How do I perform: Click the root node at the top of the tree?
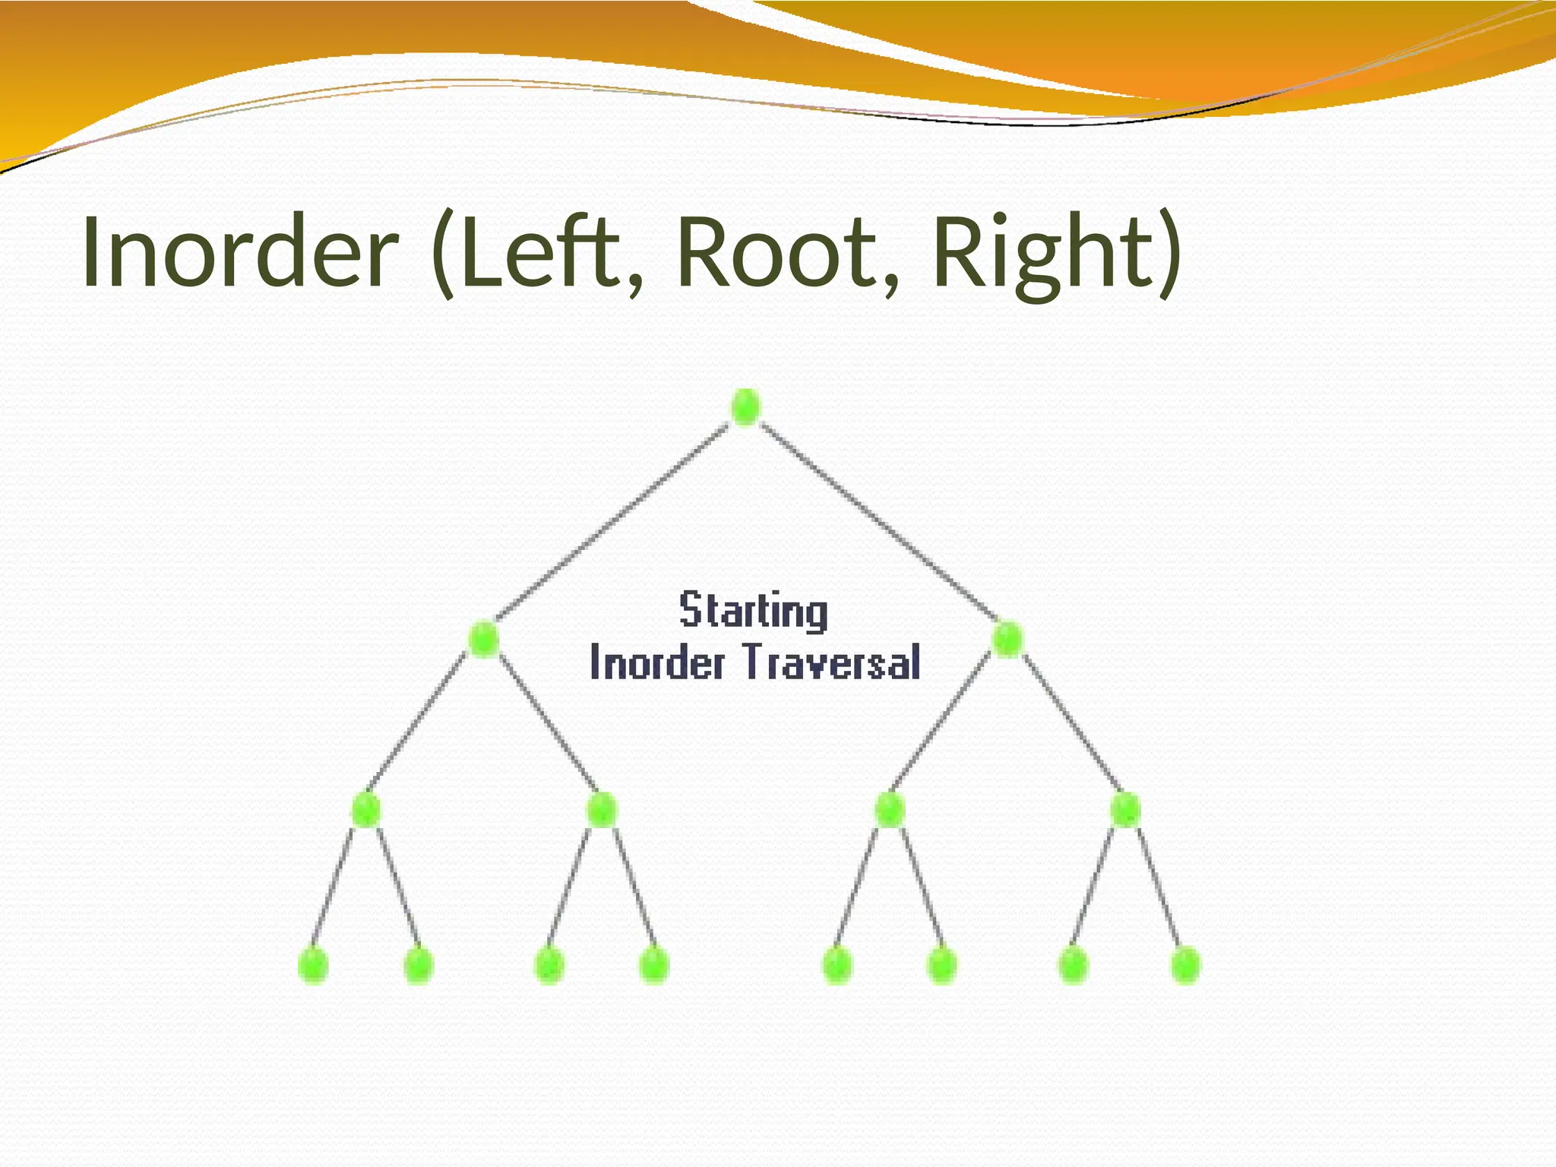click(x=745, y=406)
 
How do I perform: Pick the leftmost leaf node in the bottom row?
click(x=313, y=965)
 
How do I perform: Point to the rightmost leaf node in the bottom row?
click(x=1184, y=965)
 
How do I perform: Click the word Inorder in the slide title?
click(x=239, y=252)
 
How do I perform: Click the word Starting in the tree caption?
click(x=754, y=611)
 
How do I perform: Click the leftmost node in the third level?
click(x=365, y=810)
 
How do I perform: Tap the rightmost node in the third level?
click(x=1125, y=810)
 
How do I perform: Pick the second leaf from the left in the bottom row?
click(x=419, y=965)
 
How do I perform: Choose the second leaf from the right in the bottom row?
click(x=1072, y=965)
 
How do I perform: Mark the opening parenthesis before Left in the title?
click(x=442, y=252)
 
